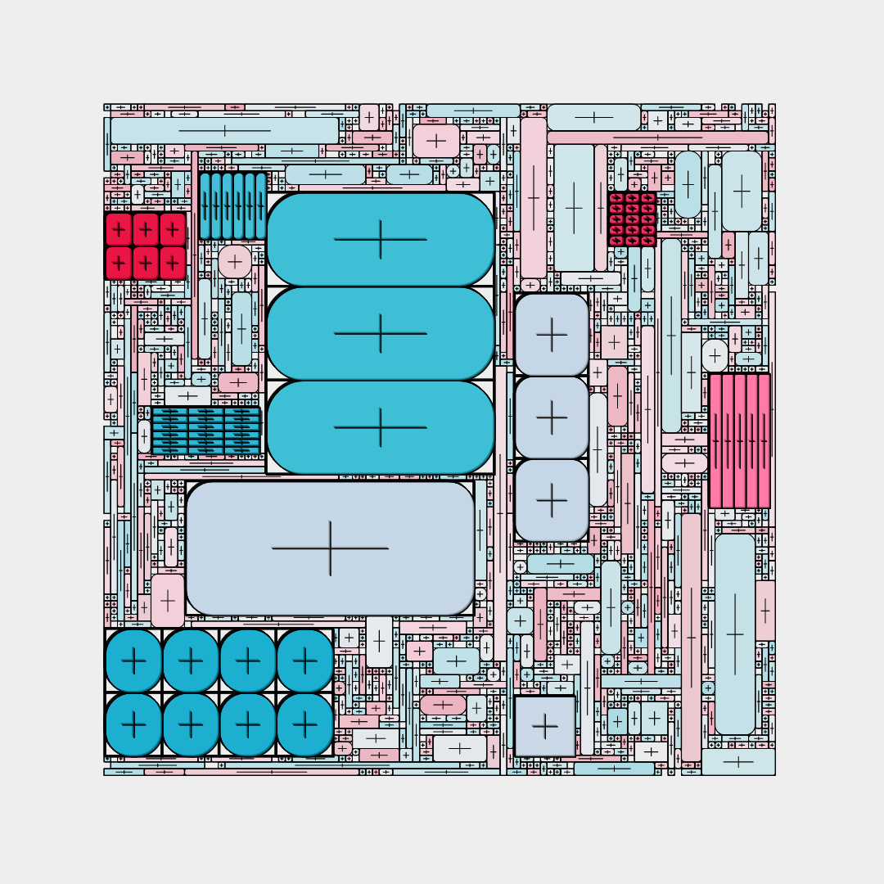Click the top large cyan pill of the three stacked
pos(381,239)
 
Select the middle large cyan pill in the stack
pos(381,333)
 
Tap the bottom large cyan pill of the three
pos(381,427)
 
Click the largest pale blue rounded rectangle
pos(330,548)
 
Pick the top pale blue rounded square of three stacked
pos(552,334)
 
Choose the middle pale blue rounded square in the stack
pos(552,417)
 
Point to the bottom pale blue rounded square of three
pos(552,500)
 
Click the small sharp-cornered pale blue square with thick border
pos(545,726)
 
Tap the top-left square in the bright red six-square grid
pos(119,229)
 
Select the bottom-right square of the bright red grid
pos(173,263)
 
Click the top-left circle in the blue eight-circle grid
pos(133,660)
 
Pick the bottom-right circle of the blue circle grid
pos(304,724)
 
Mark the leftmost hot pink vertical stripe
pos(715,440)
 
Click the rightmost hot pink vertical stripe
pos(764,440)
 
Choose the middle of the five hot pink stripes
pos(740,440)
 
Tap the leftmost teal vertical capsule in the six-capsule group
pos(205,205)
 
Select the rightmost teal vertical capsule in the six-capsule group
pos(261,205)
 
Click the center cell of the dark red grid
pos(632,219)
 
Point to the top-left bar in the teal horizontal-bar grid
pos(170,413)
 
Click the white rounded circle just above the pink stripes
pos(715,355)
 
